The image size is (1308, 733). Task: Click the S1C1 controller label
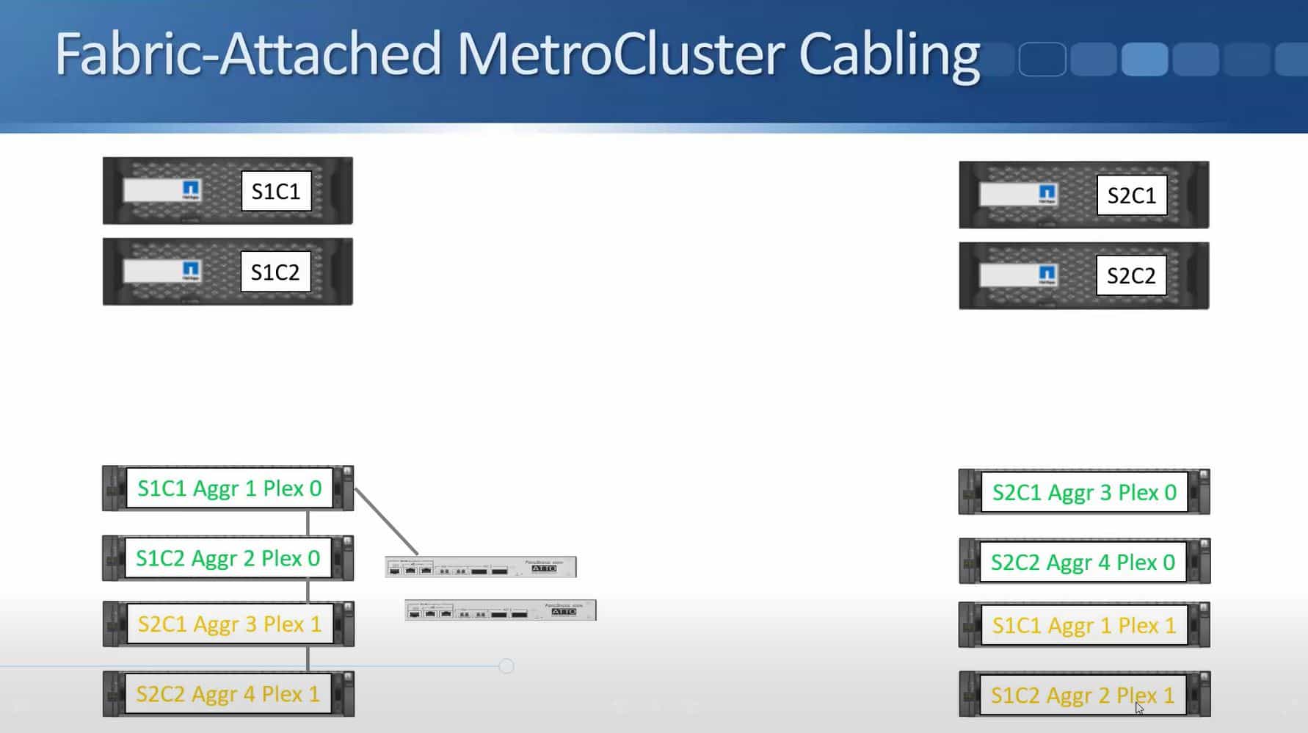pos(276,192)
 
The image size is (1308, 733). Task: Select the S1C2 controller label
pos(275,272)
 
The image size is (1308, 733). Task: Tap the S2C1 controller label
pos(1131,195)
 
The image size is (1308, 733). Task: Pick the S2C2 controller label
pos(1130,275)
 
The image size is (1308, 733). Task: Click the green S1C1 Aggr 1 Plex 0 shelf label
pos(229,488)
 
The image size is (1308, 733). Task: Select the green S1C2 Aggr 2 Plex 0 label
pos(228,558)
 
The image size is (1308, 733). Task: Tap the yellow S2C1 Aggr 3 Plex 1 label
pos(229,624)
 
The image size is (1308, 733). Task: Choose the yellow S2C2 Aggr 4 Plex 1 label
pos(228,694)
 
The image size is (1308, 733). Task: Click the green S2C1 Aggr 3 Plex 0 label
pos(1083,492)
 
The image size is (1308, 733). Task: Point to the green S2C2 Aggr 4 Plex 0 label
pos(1083,563)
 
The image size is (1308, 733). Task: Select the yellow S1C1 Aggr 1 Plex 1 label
pos(1083,626)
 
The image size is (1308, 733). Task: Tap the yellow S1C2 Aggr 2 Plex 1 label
pos(1082,695)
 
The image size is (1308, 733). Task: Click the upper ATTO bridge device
pos(480,567)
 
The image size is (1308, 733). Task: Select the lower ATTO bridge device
pos(500,610)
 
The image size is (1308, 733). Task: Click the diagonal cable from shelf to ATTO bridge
pos(386,521)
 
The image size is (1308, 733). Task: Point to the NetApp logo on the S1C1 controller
pos(191,190)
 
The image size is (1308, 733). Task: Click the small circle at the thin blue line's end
pos(506,666)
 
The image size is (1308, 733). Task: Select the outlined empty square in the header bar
pos(1042,59)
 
